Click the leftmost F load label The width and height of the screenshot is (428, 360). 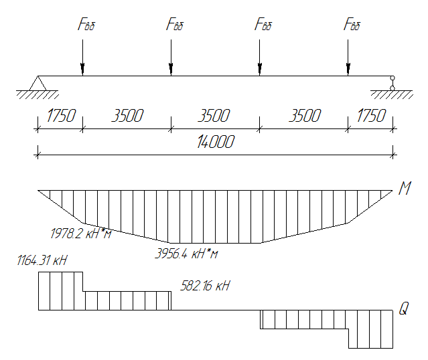pyautogui.click(x=86, y=24)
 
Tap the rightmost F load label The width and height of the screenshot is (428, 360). pyautogui.click(x=352, y=24)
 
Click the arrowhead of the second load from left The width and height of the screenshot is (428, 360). pyautogui.click(x=171, y=70)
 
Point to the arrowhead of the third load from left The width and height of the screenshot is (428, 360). pyautogui.click(x=260, y=70)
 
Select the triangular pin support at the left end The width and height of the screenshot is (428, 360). pyautogui.click(x=38, y=83)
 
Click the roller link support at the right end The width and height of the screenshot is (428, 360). pyautogui.click(x=393, y=83)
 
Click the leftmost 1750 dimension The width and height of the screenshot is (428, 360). pyautogui.click(x=61, y=115)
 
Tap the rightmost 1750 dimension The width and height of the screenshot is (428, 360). pyautogui.click(x=371, y=115)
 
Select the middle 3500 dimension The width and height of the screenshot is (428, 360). pyautogui.click(x=214, y=115)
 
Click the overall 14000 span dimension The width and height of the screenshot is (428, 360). pyautogui.click(x=216, y=142)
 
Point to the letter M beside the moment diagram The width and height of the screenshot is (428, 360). pyautogui.click(x=405, y=188)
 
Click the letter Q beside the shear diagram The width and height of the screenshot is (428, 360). pyautogui.click(x=404, y=308)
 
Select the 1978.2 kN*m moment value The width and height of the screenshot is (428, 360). pyautogui.click(x=81, y=234)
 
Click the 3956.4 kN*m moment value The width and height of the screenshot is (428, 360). pyautogui.click(x=186, y=254)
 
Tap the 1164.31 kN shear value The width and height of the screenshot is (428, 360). pyautogui.click(x=42, y=260)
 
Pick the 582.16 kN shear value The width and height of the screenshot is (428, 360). pyautogui.click(x=205, y=286)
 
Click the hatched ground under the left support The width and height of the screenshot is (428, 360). pyautogui.click(x=38, y=94)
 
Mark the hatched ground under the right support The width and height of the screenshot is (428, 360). pyautogui.click(x=392, y=94)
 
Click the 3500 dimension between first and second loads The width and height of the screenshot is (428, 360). pyautogui.click(x=127, y=115)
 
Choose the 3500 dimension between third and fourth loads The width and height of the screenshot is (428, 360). pyautogui.click(x=305, y=115)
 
